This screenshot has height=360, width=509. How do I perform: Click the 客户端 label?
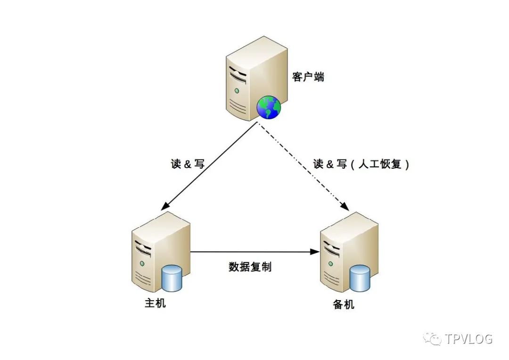pos(308,77)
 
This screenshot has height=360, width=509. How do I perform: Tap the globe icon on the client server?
pos(269,107)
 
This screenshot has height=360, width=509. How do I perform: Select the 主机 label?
pos(155,303)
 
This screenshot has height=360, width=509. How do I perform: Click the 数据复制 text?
pos(250,267)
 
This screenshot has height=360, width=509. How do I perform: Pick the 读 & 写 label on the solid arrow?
pos(188,164)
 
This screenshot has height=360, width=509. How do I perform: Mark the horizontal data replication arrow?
pos(252,252)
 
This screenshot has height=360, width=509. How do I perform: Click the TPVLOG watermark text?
pos(468,339)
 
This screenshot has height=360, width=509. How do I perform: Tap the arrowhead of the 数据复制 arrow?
pos(316,252)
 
